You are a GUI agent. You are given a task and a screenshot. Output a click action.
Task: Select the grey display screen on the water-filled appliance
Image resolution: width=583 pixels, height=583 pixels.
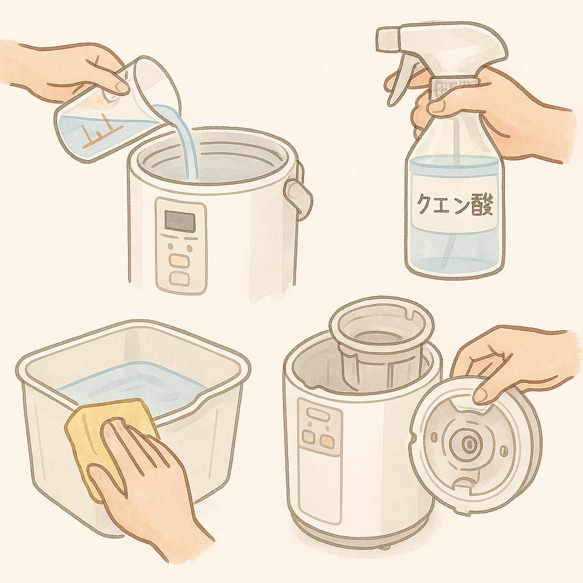[180, 221]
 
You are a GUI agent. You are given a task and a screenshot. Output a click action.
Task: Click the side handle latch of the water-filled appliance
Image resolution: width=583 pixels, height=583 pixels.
[297, 199]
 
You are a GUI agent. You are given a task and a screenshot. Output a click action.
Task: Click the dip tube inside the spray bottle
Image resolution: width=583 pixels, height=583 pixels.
[454, 194]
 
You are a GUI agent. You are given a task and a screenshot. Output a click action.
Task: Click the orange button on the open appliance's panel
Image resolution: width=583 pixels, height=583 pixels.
[326, 441]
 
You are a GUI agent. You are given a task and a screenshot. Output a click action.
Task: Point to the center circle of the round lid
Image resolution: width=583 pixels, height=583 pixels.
[466, 443]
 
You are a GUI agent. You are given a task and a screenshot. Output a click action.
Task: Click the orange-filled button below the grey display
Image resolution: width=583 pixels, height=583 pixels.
[179, 260]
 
